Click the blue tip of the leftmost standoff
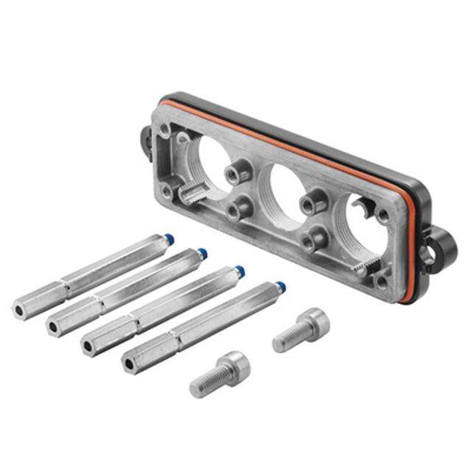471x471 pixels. tap(170, 238)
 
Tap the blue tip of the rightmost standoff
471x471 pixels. tap(280, 286)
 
